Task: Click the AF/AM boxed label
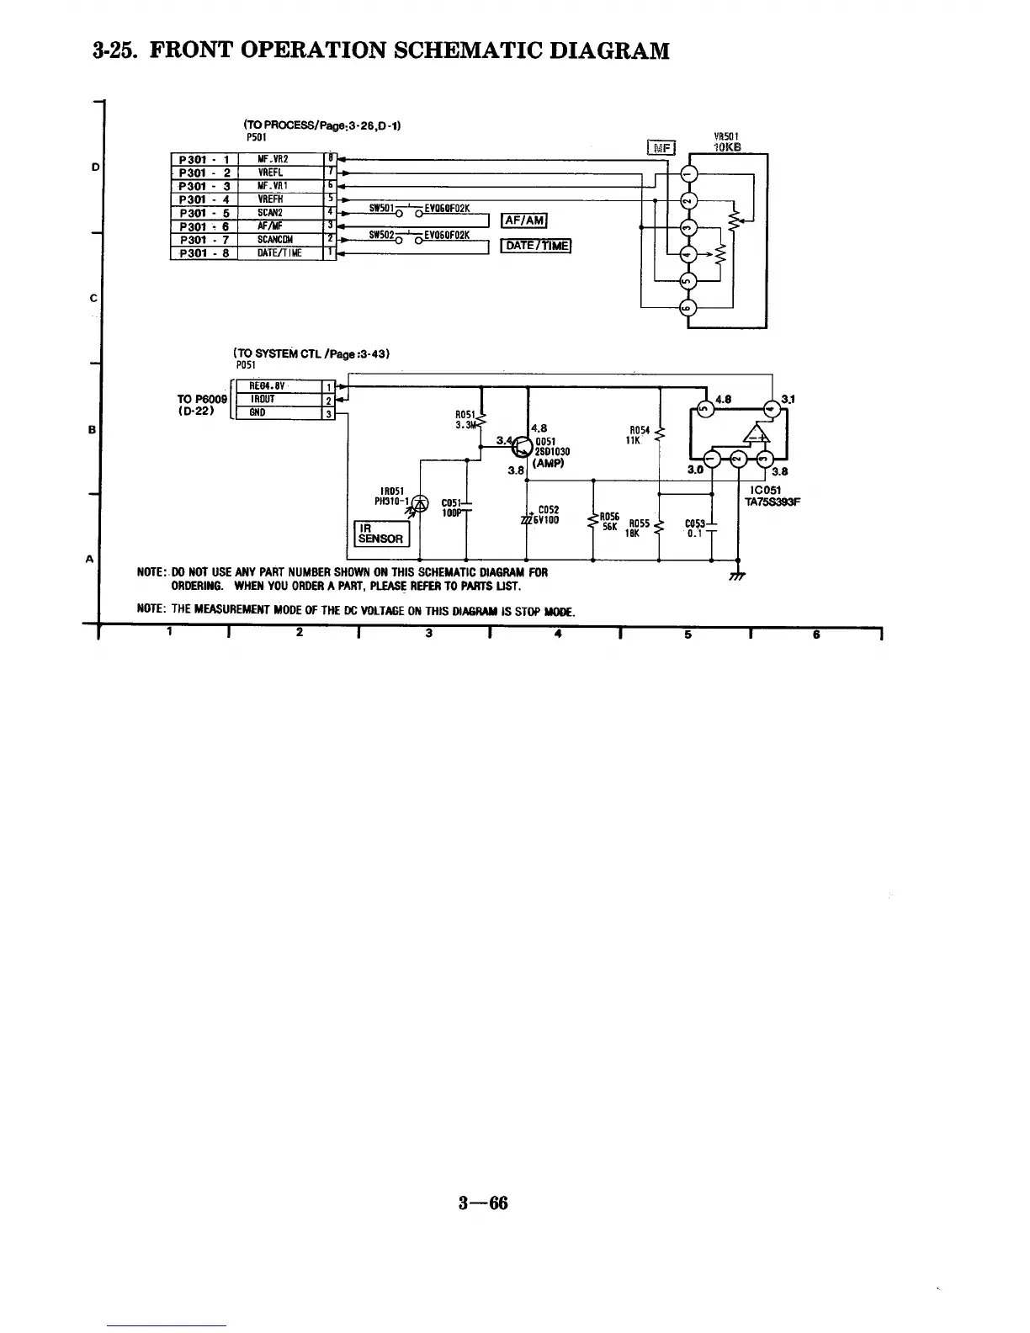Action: (x=523, y=221)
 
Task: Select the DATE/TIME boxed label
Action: (x=536, y=246)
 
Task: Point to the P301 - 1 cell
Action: (x=204, y=159)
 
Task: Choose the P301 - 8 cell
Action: (x=204, y=253)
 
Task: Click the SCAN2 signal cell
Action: (x=274, y=213)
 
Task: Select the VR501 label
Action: (x=725, y=136)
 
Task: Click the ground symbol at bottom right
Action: (x=738, y=576)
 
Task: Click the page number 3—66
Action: (x=483, y=1203)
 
